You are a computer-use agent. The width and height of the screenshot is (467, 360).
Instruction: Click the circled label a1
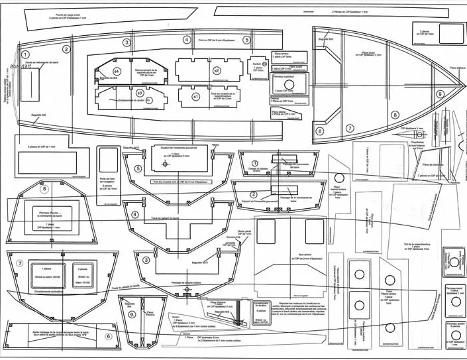195,96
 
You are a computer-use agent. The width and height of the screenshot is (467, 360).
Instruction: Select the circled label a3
140,93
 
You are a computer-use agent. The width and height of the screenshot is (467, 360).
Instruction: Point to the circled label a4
117,70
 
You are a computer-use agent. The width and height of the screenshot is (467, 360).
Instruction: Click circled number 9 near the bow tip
440,95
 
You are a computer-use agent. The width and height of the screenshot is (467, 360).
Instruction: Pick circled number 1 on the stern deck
25,55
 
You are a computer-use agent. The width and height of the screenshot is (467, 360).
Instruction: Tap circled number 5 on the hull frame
138,168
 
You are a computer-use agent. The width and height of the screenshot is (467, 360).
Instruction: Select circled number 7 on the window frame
20,264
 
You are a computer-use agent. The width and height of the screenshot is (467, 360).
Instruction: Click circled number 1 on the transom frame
254,163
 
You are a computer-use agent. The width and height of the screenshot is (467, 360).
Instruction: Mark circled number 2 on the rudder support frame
253,176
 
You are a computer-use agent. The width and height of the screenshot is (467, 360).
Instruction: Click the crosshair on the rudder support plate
164,163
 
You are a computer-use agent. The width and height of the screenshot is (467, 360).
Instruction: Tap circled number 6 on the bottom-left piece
107,336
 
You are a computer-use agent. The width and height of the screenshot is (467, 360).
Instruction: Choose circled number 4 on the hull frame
135,214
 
